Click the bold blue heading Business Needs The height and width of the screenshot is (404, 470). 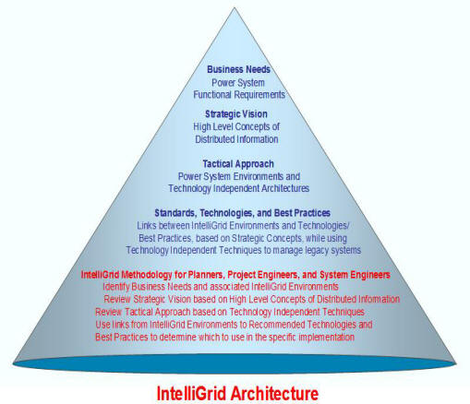click(238, 69)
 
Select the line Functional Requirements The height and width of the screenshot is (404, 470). click(239, 95)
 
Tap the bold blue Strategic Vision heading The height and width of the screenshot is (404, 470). click(236, 114)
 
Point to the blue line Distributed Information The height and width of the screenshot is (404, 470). click(236, 139)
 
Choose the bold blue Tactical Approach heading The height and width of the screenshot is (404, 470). click(238, 164)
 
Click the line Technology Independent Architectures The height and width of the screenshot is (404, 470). click(239, 188)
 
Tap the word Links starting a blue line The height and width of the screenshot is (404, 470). click(148, 226)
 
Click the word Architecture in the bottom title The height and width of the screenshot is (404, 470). click(274, 393)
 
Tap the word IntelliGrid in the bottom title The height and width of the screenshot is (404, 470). click(192, 393)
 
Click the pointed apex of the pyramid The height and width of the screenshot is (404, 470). click(235, 7)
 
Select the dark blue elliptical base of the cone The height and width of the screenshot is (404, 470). click(235, 365)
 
